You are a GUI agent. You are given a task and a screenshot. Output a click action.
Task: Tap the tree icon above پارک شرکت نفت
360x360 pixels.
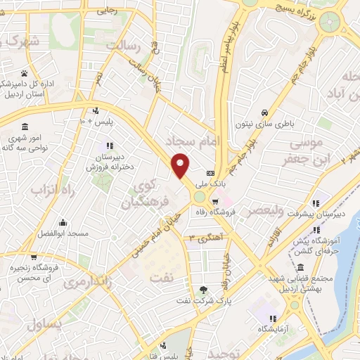(203, 289)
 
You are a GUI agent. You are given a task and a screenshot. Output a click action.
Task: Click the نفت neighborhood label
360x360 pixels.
(161, 276)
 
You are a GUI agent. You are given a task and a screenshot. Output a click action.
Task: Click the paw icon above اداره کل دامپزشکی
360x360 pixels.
(25, 72)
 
